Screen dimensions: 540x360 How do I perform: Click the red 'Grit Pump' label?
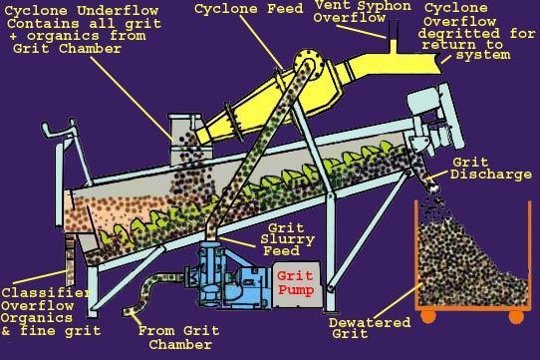295,283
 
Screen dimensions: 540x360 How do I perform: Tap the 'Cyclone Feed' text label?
248,9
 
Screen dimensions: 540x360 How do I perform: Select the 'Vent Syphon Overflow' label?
363,11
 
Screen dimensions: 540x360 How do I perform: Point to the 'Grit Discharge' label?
490,169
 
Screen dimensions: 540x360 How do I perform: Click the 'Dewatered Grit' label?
370,327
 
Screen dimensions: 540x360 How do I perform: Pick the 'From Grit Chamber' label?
178,337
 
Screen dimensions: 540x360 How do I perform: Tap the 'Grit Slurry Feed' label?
287,239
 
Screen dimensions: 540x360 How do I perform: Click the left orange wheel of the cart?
427,316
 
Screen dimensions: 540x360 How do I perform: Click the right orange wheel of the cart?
516,316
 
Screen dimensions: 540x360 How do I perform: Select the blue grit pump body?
227,276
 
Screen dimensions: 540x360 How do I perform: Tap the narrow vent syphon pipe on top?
393,36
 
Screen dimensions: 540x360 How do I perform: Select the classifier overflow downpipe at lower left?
70,258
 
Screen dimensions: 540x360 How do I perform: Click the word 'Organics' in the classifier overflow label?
37,318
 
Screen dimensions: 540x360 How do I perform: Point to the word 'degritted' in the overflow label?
458,34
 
